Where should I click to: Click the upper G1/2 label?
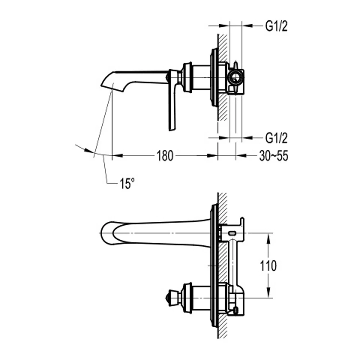coord(276,26)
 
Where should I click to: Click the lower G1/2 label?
coord(276,138)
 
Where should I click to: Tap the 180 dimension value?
coord(165,156)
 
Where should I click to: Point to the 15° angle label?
coord(127,184)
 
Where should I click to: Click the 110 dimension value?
coord(268,266)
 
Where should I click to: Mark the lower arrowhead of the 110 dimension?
coord(268,294)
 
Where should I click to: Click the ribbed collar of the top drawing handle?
coord(187,77)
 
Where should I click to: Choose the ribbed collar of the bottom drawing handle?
coord(188,297)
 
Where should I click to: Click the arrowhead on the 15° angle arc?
coord(89,151)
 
